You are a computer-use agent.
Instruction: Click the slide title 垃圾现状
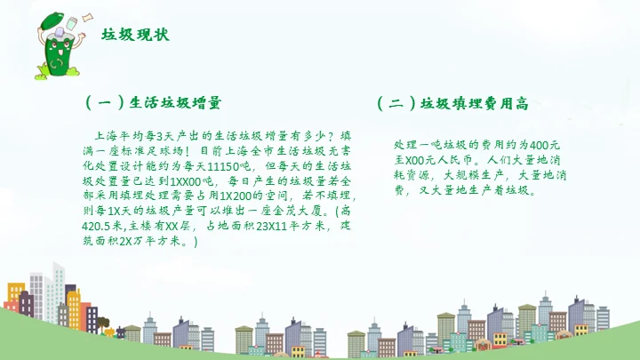(x=135, y=36)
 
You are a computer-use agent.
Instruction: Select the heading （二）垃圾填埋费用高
(x=453, y=103)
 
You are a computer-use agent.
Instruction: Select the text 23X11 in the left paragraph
(x=270, y=226)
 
